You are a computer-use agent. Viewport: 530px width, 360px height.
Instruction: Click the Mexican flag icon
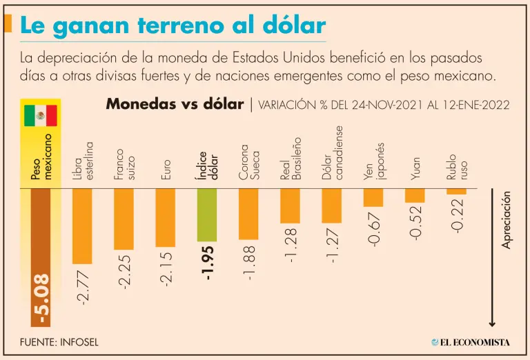tap(40, 115)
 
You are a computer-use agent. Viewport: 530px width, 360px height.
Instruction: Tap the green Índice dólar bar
tap(207, 214)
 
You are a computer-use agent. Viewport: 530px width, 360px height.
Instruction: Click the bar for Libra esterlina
tap(82, 226)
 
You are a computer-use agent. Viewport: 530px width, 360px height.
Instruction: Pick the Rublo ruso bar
tap(456, 191)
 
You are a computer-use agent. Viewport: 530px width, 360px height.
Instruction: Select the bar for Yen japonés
tap(373, 197)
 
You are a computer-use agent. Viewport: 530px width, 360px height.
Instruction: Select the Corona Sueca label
tap(249, 163)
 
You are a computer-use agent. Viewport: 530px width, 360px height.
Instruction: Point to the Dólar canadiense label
tap(333, 154)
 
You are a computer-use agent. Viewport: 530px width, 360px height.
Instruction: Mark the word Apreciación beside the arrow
tap(507, 221)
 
